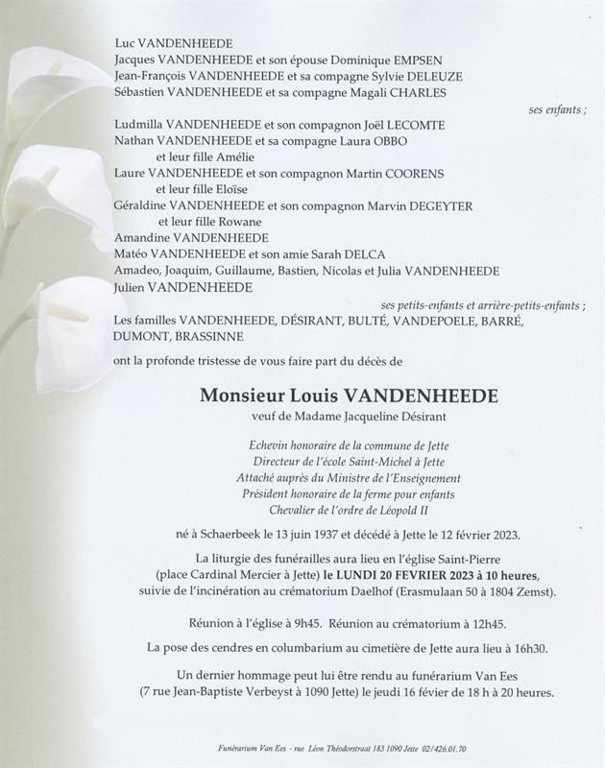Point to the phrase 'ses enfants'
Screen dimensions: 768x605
[x=556, y=109]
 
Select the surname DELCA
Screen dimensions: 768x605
[x=361, y=254]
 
